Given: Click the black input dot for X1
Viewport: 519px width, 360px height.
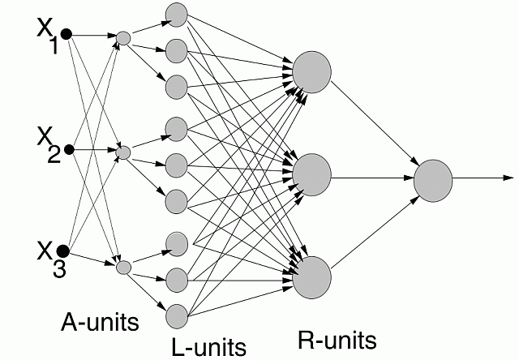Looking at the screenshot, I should [x=66, y=34].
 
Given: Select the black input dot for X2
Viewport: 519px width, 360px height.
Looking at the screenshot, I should [x=69, y=150].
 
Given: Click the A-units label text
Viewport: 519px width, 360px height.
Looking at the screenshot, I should [x=100, y=322].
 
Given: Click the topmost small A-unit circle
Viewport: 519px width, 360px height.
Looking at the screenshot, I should [x=122, y=37].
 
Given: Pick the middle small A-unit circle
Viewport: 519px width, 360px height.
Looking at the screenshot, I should [x=122, y=152].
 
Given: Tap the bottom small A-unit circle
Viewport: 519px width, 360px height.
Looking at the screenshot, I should [x=123, y=266].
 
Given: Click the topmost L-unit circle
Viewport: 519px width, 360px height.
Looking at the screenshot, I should [x=176, y=14].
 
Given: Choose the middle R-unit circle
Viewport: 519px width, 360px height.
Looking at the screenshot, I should [x=312, y=173].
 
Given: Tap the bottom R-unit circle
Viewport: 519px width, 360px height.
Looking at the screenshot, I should [x=312, y=276].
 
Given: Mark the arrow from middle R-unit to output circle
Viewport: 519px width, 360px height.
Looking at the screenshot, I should [x=372, y=176].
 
